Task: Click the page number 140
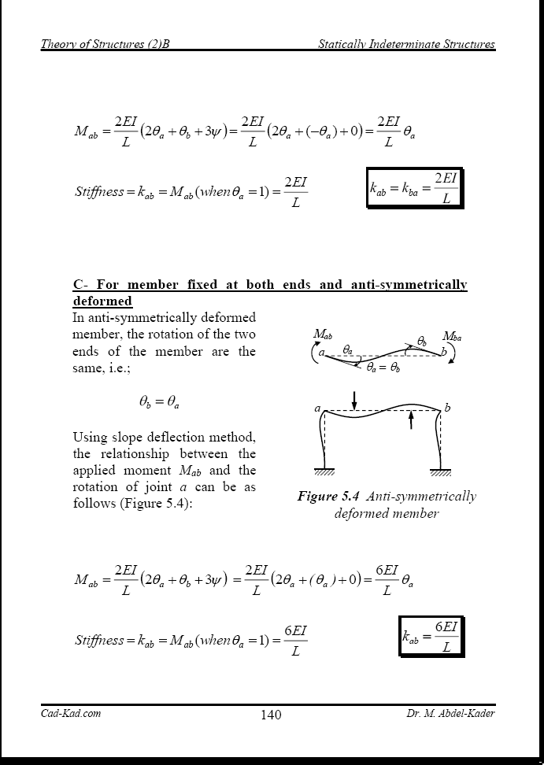(270, 715)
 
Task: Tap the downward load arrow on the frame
(355, 399)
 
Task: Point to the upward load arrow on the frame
(410, 420)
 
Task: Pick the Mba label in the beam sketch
(452, 336)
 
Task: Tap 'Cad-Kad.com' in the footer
(71, 713)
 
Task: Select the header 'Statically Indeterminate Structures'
(406, 44)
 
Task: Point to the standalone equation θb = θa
(158, 402)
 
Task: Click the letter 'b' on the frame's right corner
(447, 407)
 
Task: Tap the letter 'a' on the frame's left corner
(317, 408)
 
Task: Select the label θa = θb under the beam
(383, 367)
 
